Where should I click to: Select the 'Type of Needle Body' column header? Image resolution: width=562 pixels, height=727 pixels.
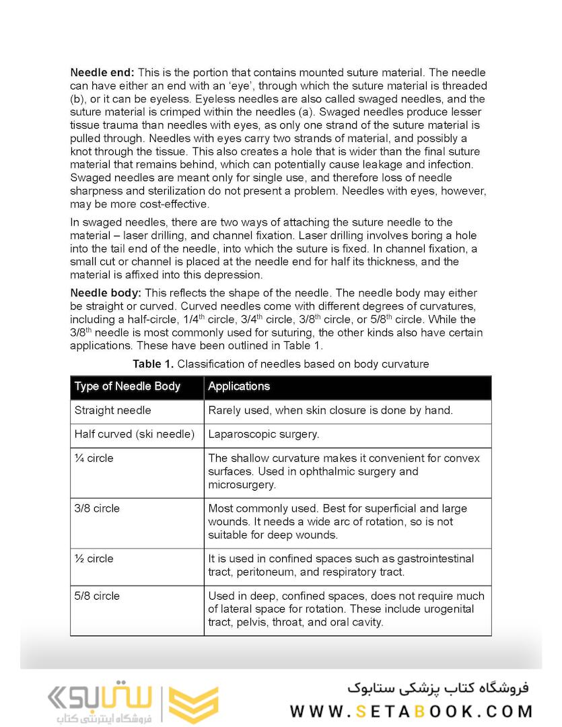(x=127, y=386)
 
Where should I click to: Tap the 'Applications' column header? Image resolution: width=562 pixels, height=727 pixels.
(x=239, y=386)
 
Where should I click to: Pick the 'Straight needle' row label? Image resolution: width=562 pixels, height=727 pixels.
(x=112, y=411)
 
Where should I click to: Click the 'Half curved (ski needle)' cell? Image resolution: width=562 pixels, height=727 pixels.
(x=134, y=434)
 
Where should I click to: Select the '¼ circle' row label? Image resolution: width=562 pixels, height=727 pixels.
(x=94, y=458)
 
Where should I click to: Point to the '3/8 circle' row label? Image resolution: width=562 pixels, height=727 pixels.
(x=96, y=508)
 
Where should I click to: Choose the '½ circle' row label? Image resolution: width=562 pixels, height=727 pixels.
(x=94, y=559)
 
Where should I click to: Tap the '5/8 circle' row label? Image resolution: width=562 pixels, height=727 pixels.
(x=96, y=596)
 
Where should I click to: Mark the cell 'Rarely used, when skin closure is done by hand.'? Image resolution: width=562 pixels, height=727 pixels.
(x=330, y=411)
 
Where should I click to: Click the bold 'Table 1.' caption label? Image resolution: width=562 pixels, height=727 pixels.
(x=153, y=364)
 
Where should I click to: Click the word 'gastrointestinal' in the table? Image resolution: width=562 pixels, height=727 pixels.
(x=435, y=559)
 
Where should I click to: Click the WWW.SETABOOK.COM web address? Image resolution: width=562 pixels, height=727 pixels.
(x=411, y=711)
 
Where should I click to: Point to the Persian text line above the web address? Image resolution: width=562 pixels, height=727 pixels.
(x=438, y=688)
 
